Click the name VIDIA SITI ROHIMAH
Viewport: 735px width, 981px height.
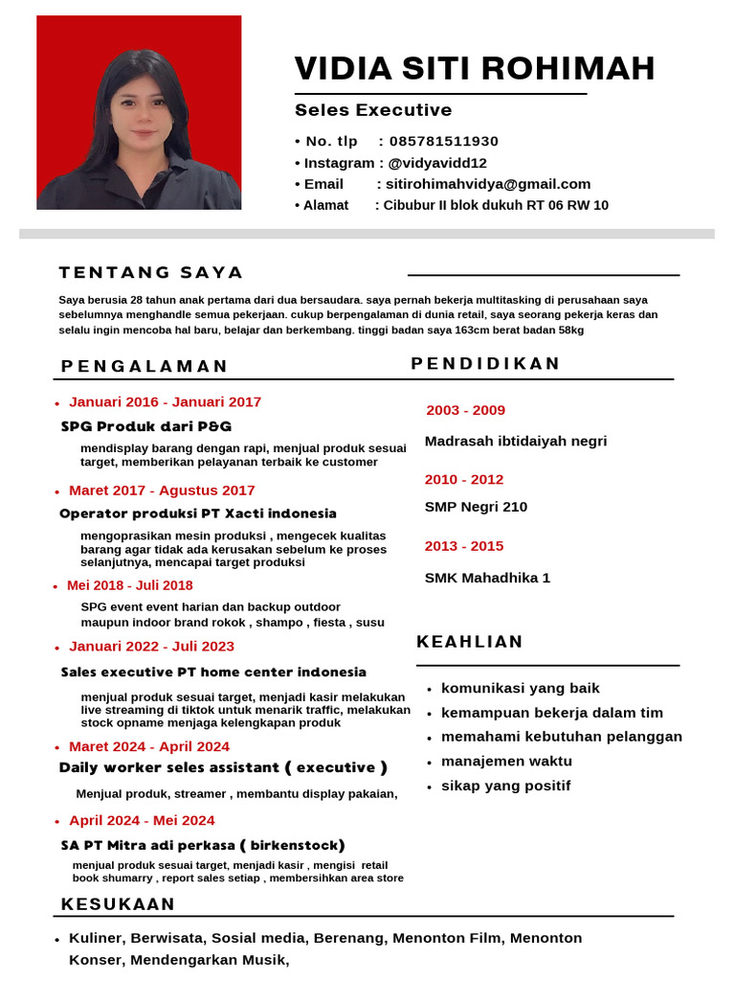coord(475,69)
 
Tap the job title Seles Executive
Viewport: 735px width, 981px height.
coord(373,110)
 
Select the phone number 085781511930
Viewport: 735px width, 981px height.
coord(444,141)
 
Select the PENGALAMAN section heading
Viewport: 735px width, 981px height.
coord(145,366)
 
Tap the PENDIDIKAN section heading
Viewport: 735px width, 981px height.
coord(485,363)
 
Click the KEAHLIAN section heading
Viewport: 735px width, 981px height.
coord(470,642)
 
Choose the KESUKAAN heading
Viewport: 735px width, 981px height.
coord(119,904)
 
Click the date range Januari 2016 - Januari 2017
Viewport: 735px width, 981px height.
coord(165,401)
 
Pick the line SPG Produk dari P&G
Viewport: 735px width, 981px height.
coord(145,426)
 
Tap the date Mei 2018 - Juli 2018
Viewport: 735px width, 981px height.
coord(129,585)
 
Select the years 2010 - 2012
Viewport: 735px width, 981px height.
coord(464,479)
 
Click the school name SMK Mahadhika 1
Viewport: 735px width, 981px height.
coord(487,578)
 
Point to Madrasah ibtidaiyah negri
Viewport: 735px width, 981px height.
coord(516,442)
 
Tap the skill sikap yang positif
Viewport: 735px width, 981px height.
coord(505,786)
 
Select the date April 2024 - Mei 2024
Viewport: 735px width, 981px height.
coord(142,820)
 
